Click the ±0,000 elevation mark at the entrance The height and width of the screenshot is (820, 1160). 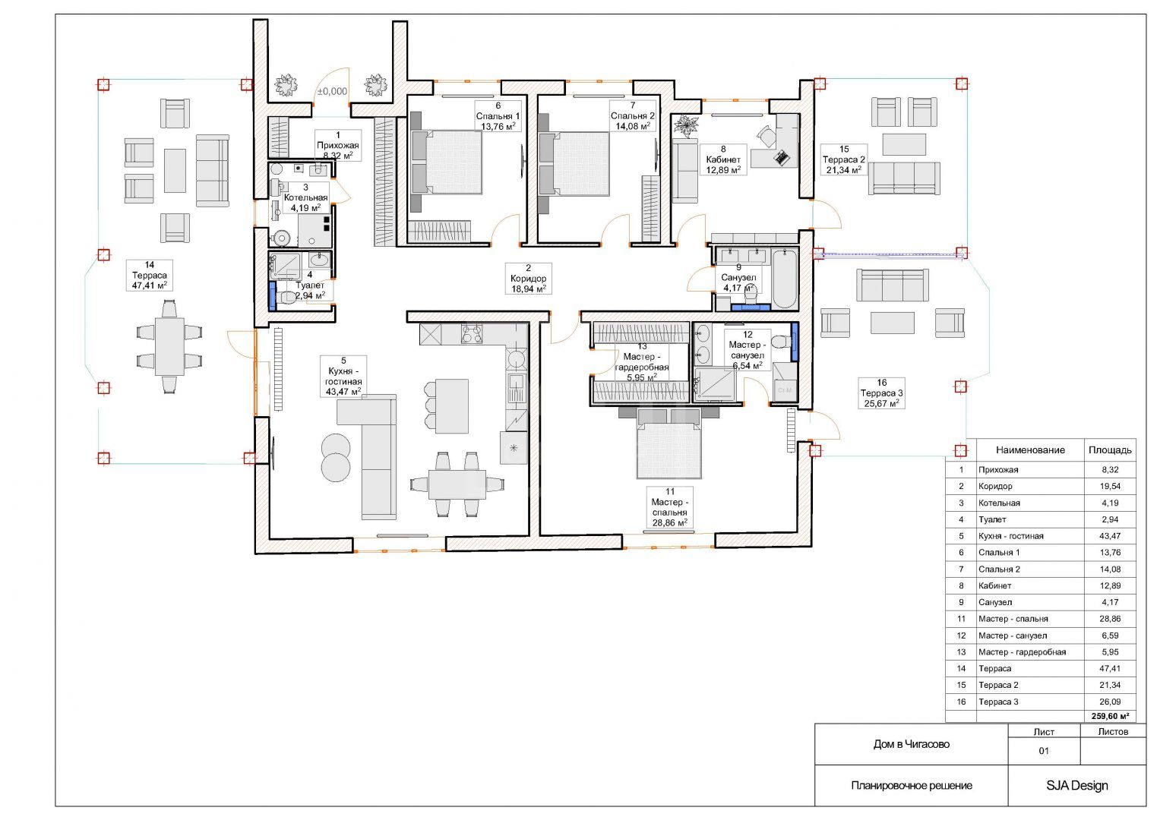coord(332,92)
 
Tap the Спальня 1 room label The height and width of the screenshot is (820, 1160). coord(498,116)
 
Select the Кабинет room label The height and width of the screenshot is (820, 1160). coord(723,159)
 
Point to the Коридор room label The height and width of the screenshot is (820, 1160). coord(528,279)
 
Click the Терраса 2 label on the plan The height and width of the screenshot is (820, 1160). coord(843,159)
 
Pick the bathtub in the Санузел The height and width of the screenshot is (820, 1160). coord(785,279)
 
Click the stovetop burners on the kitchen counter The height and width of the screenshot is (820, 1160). coord(472,334)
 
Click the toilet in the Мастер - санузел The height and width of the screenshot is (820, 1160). coord(782,342)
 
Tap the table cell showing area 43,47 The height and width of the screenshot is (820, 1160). coord(1109,536)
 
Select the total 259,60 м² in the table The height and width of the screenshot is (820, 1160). coord(1110,716)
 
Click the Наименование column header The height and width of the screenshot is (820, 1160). coord(1030,449)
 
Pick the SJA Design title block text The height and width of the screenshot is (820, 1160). coord(1077,785)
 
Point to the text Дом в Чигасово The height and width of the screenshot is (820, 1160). coord(912,744)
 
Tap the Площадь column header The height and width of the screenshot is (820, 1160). coord(1110,449)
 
